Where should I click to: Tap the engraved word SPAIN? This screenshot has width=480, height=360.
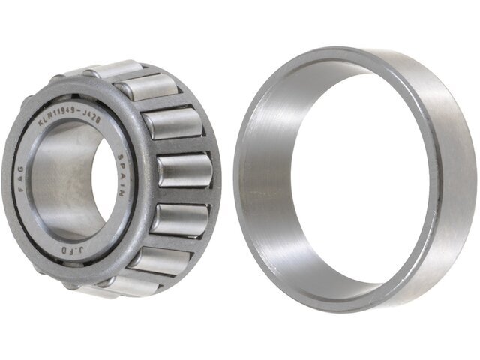pyautogui.click(x=122, y=174)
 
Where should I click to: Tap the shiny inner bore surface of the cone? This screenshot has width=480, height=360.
pyautogui.click(x=56, y=180)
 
